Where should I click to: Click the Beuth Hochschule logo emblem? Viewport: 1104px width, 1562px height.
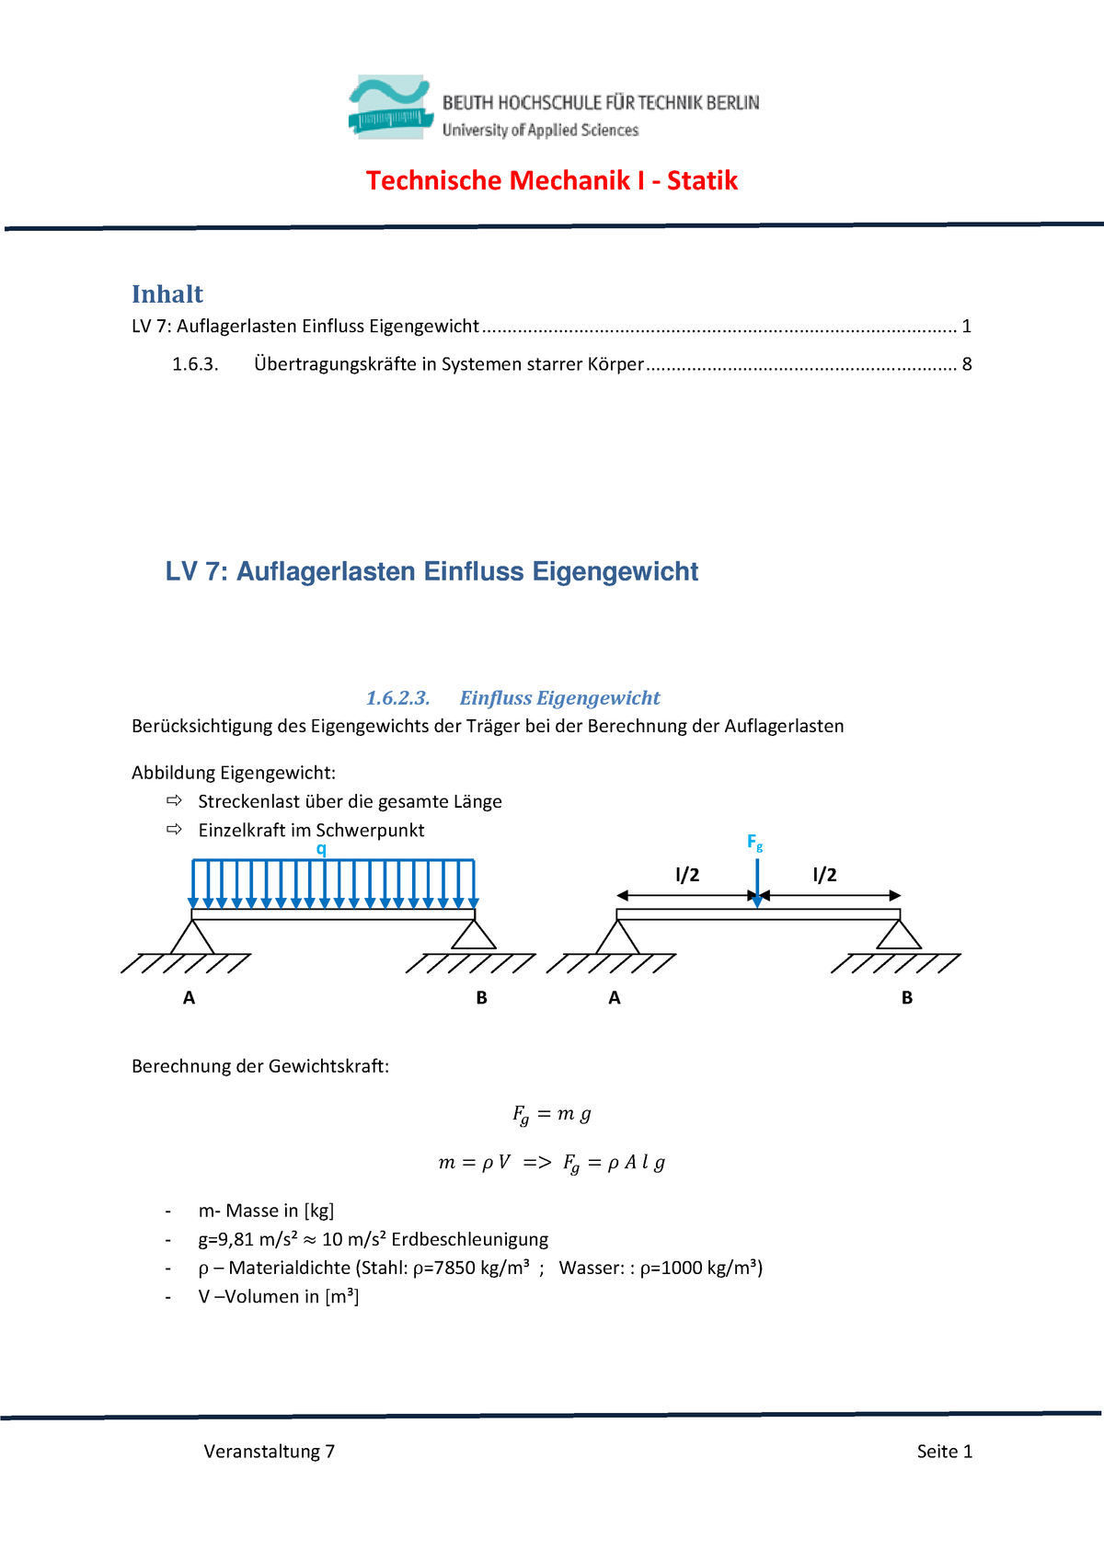(x=389, y=108)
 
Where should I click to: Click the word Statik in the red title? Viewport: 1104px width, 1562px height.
(x=702, y=180)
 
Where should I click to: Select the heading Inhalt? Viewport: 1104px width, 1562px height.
(x=167, y=294)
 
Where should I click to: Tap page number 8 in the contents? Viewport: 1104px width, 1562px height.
(x=967, y=364)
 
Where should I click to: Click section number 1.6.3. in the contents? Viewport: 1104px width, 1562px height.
(x=195, y=364)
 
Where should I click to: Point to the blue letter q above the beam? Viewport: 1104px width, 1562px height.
(x=321, y=848)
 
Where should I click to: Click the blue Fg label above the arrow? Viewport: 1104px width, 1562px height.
(x=754, y=842)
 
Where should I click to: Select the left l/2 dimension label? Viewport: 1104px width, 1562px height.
(x=687, y=875)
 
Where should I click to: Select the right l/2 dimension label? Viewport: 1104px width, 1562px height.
(x=824, y=875)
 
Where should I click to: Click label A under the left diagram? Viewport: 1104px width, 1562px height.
(x=189, y=998)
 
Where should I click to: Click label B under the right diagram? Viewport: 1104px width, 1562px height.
(x=907, y=998)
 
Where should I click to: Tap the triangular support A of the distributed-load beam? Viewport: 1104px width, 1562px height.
(x=192, y=937)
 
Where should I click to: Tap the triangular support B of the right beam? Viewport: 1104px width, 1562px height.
(x=899, y=936)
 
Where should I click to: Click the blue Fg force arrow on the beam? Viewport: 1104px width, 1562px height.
(x=757, y=883)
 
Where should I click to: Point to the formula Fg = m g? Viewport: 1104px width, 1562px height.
(x=551, y=1114)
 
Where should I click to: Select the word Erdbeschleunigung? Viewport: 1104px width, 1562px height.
(x=469, y=1239)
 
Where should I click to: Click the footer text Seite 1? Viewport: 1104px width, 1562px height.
(x=944, y=1452)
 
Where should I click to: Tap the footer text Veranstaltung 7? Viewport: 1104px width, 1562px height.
(x=269, y=1452)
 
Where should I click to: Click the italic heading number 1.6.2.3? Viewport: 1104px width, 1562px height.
(x=397, y=698)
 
